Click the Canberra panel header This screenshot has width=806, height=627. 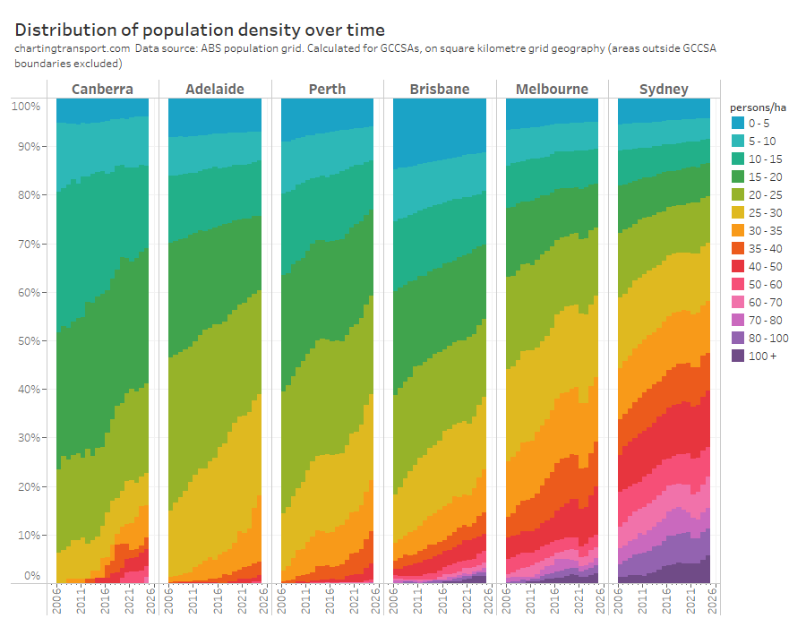point(102,89)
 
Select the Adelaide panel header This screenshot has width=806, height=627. point(215,89)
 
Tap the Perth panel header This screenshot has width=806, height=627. point(327,89)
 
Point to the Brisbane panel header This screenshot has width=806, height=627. point(439,89)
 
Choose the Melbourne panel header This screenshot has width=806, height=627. point(552,89)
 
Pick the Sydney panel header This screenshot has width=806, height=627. point(664,89)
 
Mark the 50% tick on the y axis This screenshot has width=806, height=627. point(25,341)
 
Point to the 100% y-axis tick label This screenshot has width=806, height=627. point(25,107)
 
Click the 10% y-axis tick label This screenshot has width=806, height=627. point(25,536)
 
